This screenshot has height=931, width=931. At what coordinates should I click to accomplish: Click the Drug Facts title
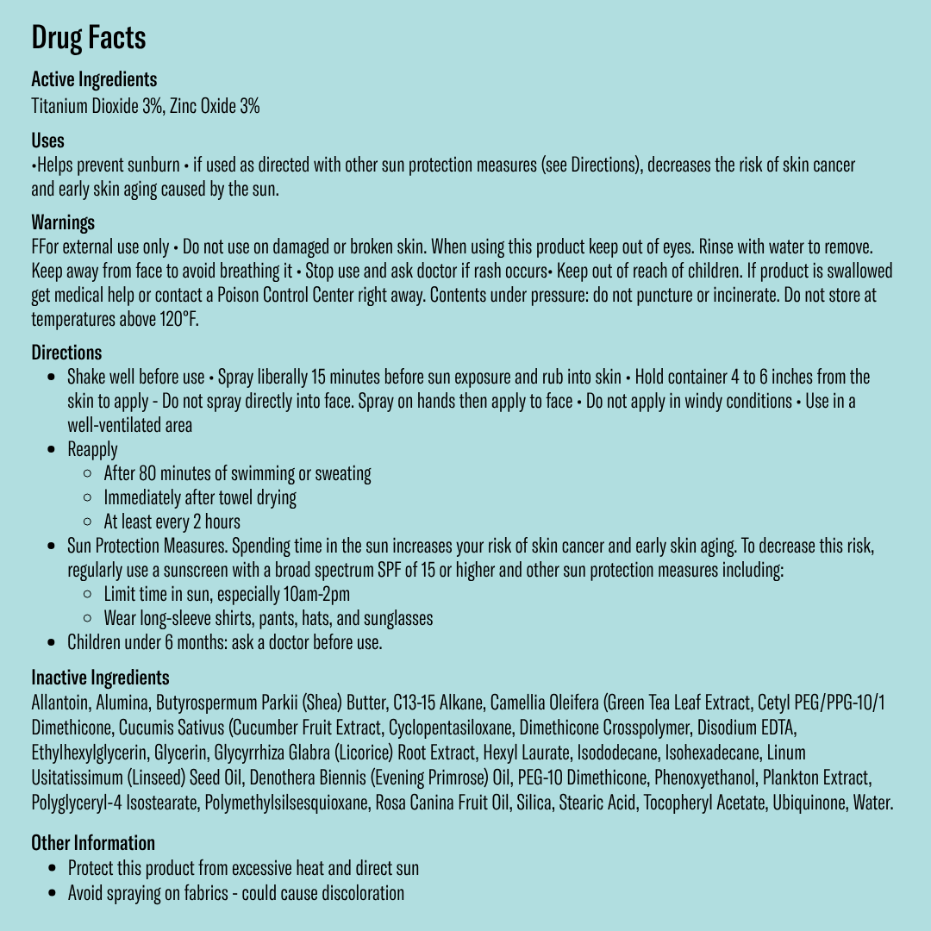point(88,38)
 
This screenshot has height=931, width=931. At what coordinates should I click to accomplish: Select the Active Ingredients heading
point(94,79)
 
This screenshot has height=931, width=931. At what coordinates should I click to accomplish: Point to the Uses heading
point(47,141)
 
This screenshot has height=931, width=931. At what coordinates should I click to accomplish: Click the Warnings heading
point(63,222)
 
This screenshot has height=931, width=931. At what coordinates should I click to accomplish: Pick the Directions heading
point(66,353)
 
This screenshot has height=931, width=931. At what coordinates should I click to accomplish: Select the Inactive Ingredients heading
point(100,678)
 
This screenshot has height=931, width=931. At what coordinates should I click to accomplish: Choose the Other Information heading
point(93,843)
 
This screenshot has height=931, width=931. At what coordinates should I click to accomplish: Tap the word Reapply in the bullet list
point(92,449)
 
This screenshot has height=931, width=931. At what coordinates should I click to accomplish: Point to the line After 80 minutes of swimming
point(237,473)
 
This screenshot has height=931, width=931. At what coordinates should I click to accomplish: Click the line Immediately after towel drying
point(200,497)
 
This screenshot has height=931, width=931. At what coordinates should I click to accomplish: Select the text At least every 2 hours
point(172,522)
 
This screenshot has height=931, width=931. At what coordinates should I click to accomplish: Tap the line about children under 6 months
point(224,642)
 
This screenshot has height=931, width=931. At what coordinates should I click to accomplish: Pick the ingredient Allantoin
point(60,703)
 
